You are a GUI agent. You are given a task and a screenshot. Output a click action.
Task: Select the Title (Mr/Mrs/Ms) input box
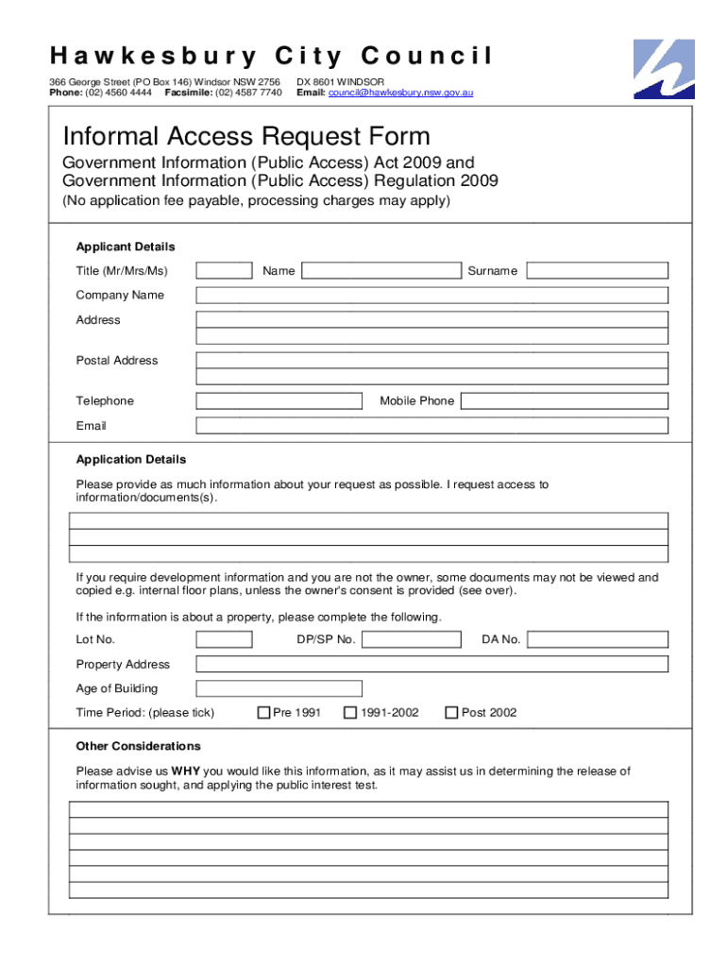pos(224,271)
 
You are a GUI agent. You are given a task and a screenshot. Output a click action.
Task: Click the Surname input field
pos(597,271)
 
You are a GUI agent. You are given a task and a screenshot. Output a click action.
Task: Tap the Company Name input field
pos(431,296)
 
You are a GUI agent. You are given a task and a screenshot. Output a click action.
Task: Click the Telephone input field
pos(279,401)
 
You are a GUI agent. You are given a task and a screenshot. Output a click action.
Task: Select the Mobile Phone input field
pos(565,401)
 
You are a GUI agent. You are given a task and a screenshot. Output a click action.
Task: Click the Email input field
pos(431,426)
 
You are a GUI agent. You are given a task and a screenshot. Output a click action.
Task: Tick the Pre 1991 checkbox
pos(264,713)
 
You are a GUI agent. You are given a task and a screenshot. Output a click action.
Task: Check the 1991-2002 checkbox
pos(350,713)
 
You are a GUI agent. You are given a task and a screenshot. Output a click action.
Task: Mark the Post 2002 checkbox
pos(451,713)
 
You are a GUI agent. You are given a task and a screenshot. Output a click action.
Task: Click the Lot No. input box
pos(224,639)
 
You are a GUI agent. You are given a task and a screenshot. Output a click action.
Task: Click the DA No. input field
pos(597,639)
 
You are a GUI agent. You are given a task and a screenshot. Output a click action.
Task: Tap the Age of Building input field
pos(279,688)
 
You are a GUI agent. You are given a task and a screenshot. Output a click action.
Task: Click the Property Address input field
pos(431,664)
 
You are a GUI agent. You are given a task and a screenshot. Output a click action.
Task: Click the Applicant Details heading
pos(126,246)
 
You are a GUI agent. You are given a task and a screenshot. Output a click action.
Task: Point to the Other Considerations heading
pos(138,746)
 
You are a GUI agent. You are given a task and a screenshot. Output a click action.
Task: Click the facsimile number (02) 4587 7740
pos(248,93)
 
